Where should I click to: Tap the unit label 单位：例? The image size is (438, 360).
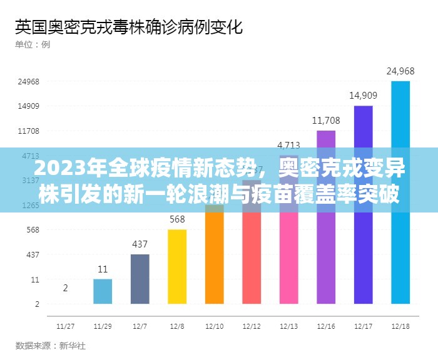click(33, 44)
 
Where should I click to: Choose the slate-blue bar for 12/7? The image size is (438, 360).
click(140, 279)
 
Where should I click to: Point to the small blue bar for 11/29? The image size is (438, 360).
click(103, 291)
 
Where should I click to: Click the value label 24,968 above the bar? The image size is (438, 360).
click(400, 71)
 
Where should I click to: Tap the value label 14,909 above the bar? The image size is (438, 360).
click(363, 95)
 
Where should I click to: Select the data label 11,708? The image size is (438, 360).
click(326, 120)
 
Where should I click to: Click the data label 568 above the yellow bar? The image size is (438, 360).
click(177, 219)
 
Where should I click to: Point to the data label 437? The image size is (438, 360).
click(140, 244)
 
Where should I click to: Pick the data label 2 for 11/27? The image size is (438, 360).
click(66, 287)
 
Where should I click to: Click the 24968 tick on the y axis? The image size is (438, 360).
click(29, 81)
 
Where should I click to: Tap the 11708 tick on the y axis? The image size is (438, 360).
click(29, 131)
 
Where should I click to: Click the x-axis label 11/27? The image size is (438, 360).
click(65, 326)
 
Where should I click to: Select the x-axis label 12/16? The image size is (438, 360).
click(326, 326)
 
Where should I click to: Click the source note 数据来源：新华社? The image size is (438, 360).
click(49, 346)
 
